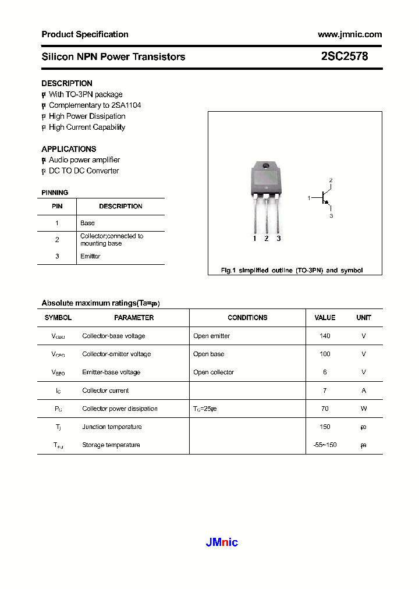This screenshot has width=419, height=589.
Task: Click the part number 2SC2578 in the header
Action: click(x=345, y=56)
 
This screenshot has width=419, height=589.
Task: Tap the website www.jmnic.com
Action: click(x=349, y=34)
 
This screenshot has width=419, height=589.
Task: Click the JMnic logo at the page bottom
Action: click(x=222, y=542)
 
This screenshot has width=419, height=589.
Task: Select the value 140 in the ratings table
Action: click(x=325, y=336)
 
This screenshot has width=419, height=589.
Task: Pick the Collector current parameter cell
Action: click(x=105, y=391)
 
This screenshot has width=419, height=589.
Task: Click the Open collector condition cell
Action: click(x=214, y=372)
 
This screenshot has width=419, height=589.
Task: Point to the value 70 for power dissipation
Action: click(x=325, y=409)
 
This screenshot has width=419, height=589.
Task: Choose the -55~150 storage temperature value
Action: click(x=325, y=445)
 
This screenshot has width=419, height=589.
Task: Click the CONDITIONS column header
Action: click(x=247, y=318)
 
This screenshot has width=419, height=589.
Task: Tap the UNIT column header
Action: click(x=364, y=318)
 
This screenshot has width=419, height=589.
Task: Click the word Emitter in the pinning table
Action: click(x=90, y=256)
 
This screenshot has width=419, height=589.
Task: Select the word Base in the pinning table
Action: click(x=87, y=223)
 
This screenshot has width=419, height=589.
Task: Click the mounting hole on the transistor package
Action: click(x=266, y=167)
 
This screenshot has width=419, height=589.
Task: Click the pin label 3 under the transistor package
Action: click(x=279, y=239)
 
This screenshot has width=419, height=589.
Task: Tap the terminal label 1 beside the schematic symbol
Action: click(x=309, y=198)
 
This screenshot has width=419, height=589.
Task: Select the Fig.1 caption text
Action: click(x=292, y=271)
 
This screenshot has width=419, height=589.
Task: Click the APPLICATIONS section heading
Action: click(x=69, y=149)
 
